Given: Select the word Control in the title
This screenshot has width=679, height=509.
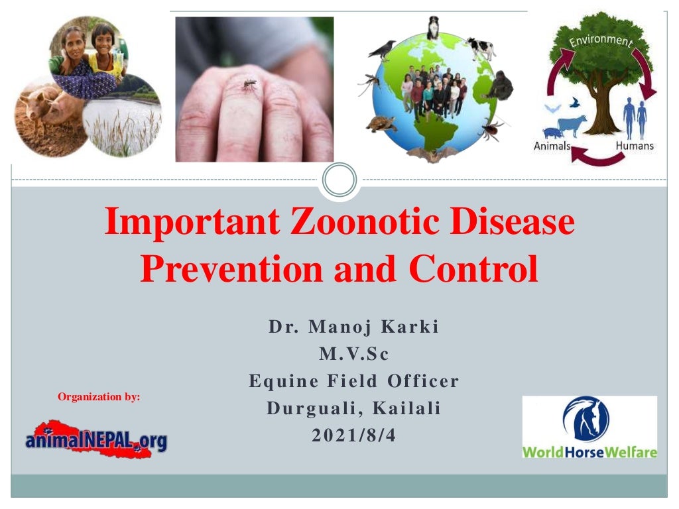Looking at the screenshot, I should pos(473,269).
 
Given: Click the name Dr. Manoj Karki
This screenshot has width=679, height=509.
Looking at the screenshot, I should pos(353,327).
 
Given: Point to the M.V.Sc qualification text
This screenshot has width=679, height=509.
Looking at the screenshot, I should pos(353,354).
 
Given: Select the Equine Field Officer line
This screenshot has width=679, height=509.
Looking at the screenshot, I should pos(353,381).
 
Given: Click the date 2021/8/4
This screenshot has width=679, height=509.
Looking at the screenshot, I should pos(353,435).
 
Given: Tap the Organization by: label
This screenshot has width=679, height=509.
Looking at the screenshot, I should pos(99,397).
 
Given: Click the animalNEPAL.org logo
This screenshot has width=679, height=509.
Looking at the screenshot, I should pos(96,438).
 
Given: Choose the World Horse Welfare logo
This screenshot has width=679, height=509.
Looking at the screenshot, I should pos(589,427).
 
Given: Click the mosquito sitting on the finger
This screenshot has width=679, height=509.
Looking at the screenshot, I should pos(249,84).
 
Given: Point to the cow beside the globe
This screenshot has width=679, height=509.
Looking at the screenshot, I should pos(481,48).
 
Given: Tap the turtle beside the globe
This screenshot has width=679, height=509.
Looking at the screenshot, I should pos(381,123).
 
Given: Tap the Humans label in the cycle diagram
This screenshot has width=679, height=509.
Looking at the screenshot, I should pos(635,146).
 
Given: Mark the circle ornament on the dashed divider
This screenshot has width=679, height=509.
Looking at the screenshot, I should pos(339,180).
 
